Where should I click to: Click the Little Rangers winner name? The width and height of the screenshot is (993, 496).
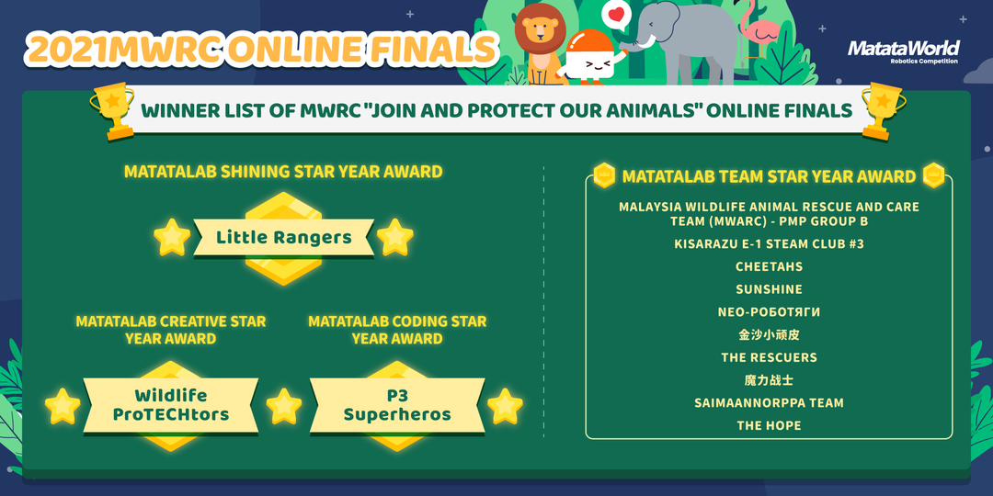pyautogui.click(x=284, y=238)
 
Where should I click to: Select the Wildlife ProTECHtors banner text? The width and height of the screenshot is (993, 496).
pyautogui.click(x=170, y=406)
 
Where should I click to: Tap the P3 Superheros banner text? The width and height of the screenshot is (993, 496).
pyautogui.click(x=397, y=406)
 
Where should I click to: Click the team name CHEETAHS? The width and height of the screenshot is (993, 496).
pyautogui.click(x=769, y=267)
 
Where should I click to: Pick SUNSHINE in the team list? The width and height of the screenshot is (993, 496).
pyautogui.click(x=769, y=289)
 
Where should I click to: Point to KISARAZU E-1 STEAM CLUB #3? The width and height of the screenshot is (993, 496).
pyautogui.click(x=769, y=244)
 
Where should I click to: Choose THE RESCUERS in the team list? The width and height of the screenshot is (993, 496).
pyautogui.click(x=769, y=357)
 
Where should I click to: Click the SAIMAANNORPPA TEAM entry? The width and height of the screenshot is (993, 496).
pyautogui.click(x=769, y=403)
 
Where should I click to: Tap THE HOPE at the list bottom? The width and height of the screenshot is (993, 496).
pyautogui.click(x=769, y=426)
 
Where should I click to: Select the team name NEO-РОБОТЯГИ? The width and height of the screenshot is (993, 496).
pyautogui.click(x=769, y=312)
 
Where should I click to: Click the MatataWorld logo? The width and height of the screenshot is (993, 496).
pyautogui.click(x=904, y=51)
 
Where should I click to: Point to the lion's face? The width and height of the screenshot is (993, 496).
pyautogui.click(x=541, y=29)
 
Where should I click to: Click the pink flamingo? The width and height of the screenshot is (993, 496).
pyautogui.click(x=760, y=27)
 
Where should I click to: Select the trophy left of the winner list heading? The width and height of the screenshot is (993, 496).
pyautogui.click(x=113, y=111)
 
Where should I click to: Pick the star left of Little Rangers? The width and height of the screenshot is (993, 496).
pyautogui.click(x=172, y=237)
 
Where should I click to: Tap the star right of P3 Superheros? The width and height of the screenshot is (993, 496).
pyautogui.click(x=505, y=406)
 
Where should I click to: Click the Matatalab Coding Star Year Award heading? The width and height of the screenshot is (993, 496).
pyautogui.click(x=397, y=330)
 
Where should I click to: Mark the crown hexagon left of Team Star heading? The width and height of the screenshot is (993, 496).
pyautogui.click(x=604, y=175)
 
